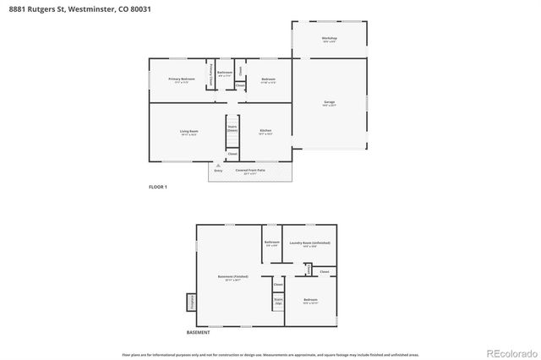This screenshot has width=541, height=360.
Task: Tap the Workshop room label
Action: pos(329,40)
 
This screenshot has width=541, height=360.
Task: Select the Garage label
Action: pos(329,103)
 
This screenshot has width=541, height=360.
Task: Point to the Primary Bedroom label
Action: pos(181,79)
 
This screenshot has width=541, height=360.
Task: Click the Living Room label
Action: pos(188,132)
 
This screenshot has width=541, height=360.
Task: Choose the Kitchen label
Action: pos(265,132)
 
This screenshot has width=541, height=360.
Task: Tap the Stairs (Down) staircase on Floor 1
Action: pos(232,129)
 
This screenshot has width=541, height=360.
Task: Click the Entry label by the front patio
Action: pos(218,171)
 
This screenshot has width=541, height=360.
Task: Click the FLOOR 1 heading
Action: pos(158,187)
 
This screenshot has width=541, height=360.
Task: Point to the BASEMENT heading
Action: pos(198,332)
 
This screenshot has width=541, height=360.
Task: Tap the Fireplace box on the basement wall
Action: pos(191,301)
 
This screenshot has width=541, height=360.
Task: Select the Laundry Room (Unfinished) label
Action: pos(309,243)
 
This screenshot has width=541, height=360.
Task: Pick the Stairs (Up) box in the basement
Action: pos(277,300)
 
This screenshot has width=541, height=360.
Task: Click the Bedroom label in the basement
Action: pos(310,300)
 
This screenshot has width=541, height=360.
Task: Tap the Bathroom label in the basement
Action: pos(271,243)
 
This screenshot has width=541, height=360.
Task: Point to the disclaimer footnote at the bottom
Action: pos(270,355)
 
